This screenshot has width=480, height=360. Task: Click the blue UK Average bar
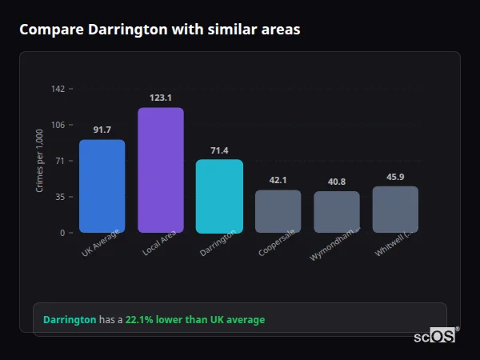click(102, 186)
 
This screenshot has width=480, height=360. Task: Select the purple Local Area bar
click(161, 170)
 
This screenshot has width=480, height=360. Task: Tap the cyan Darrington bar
click(219, 196)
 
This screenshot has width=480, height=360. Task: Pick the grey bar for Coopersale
click(278, 211)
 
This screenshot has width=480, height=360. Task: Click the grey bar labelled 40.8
click(337, 212)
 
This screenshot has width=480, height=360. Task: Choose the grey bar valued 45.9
click(395, 210)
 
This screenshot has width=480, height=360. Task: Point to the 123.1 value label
click(161, 98)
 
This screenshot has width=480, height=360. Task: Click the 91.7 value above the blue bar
click(102, 130)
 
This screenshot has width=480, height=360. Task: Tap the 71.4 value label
click(219, 150)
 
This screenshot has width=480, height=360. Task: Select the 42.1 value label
click(278, 180)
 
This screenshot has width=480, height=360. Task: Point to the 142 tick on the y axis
click(58, 89)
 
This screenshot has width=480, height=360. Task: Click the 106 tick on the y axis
click(58, 125)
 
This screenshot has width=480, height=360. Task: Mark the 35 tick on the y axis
click(59, 197)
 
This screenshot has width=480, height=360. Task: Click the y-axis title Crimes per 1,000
click(39, 161)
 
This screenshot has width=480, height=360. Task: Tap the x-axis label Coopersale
click(276, 243)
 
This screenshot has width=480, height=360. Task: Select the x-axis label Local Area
click(159, 243)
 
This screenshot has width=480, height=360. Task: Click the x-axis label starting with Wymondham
click(334, 245)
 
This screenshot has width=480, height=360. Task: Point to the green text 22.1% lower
click(156, 320)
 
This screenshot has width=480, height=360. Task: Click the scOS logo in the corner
click(434, 336)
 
